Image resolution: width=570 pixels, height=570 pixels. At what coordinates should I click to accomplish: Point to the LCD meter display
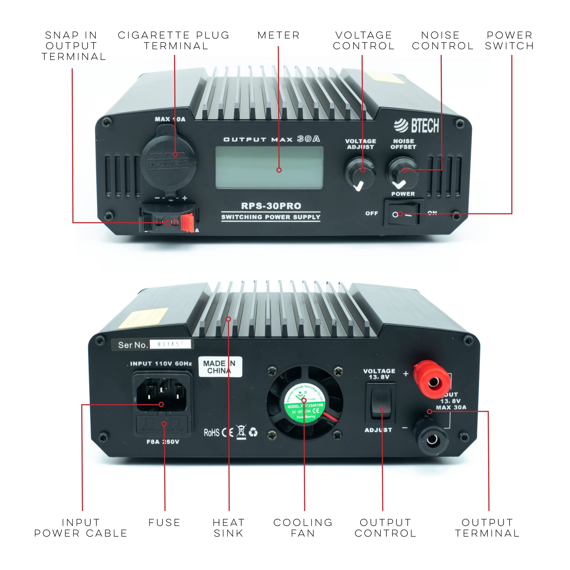point(269,168)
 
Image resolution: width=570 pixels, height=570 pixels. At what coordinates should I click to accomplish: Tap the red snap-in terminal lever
point(187,223)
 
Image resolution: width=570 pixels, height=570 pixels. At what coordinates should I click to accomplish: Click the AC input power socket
point(161,395)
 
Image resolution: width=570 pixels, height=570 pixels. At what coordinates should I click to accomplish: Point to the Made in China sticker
point(220,367)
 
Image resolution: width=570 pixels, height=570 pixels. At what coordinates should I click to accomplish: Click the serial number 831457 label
point(171,344)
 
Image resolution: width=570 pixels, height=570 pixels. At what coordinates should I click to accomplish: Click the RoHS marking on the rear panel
point(212,433)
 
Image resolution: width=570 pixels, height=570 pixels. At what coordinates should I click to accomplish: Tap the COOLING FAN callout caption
point(303,528)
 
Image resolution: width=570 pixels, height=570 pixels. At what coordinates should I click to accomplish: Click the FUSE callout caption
point(164,523)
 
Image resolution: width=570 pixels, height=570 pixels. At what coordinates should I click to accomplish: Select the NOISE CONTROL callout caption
point(442,41)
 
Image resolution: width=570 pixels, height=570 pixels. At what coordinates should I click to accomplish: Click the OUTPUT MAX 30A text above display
point(271,139)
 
